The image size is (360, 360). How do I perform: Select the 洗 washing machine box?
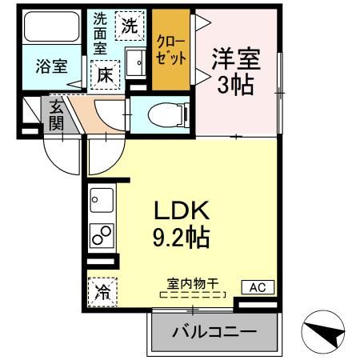[128, 24]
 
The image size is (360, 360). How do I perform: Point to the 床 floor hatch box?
[105, 76]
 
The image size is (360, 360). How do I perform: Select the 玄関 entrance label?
[56, 114]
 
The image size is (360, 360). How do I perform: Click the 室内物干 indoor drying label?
[193, 282]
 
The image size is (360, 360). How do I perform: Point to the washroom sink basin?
[137, 59]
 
